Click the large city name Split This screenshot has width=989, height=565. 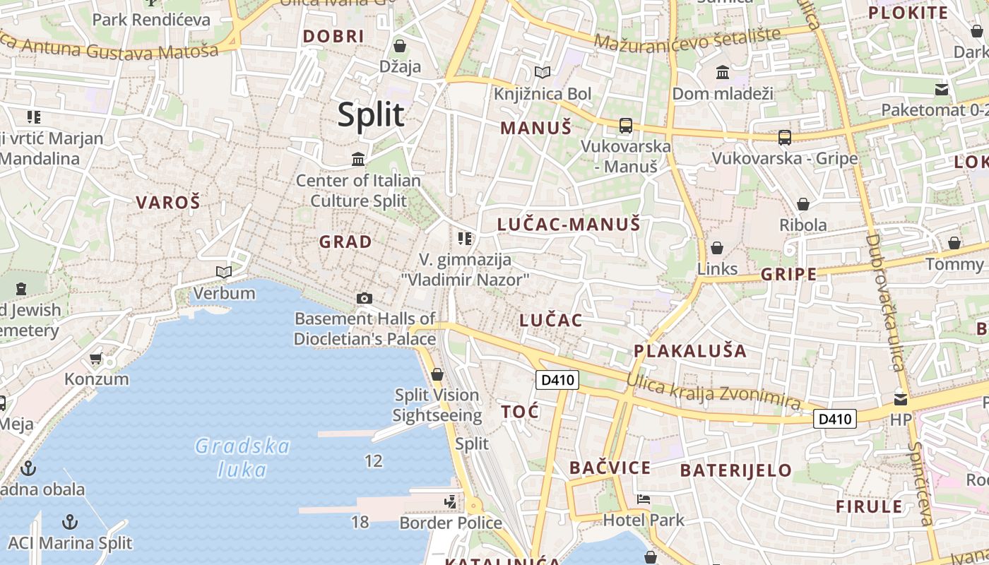click(x=371, y=114)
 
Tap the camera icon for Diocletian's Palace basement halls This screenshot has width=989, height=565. click(x=365, y=298)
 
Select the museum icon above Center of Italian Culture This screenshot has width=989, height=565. click(x=358, y=160)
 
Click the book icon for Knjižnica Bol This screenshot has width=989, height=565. click(x=543, y=72)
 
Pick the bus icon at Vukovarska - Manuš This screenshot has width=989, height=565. click(x=625, y=126)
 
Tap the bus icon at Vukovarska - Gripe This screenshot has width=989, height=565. click(x=784, y=137)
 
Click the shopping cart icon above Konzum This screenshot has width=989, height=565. click(x=96, y=358)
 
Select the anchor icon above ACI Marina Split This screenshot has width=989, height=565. click(x=69, y=522)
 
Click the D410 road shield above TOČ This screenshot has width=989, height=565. click(x=557, y=381)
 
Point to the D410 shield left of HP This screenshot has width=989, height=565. click(x=835, y=419)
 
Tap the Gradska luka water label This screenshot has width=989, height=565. click(x=242, y=458)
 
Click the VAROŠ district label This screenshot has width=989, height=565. click(x=168, y=203)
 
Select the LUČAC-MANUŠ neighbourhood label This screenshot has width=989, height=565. click(x=569, y=225)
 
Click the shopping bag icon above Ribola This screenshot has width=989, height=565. click(x=803, y=204)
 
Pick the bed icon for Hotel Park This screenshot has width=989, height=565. click(x=644, y=499)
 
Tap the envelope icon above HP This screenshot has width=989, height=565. click(x=901, y=399)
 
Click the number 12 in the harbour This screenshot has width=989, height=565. click(x=374, y=461)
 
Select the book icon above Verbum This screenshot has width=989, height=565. click(x=224, y=272)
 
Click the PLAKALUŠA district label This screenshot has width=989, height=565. click(x=689, y=350)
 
